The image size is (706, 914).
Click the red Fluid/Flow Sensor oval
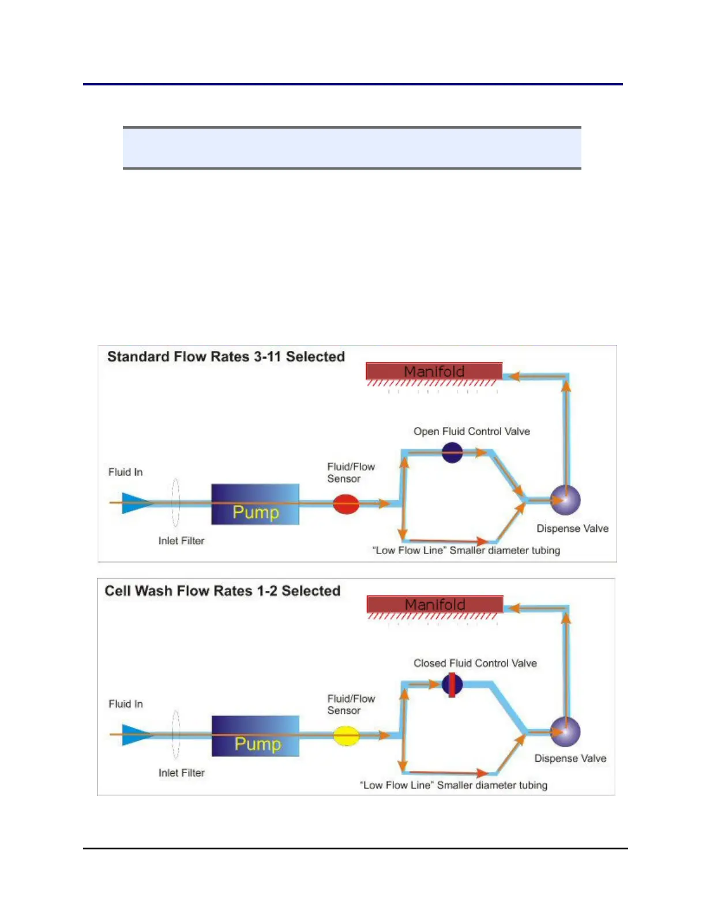coord(346,504)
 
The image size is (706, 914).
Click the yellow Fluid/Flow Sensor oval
coord(347,736)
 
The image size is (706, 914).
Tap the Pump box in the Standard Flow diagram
coord(255,504)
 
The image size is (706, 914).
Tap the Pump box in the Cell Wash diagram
coord(256,736)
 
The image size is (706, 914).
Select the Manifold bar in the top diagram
coord(434,371)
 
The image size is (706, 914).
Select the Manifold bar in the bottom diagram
coord(435,604)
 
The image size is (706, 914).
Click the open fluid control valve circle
coord(452,452)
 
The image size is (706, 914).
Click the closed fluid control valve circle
coord(452,685)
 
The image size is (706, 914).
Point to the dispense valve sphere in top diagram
coord(565,500)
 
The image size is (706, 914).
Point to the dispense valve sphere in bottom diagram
coord(565,732)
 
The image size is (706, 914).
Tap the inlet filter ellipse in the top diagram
coord(175,503)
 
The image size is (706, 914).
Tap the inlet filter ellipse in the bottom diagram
coord(175,735)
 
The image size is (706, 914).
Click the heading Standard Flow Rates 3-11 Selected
coord(226,357)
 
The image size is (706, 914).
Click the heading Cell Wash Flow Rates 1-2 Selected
coord(222,591)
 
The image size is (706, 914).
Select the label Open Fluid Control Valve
coord(471,431)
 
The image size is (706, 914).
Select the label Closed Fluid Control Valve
coord(475,663)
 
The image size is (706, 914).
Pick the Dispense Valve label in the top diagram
coord(572,528)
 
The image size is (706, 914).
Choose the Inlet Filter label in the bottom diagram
coord(181,773)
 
